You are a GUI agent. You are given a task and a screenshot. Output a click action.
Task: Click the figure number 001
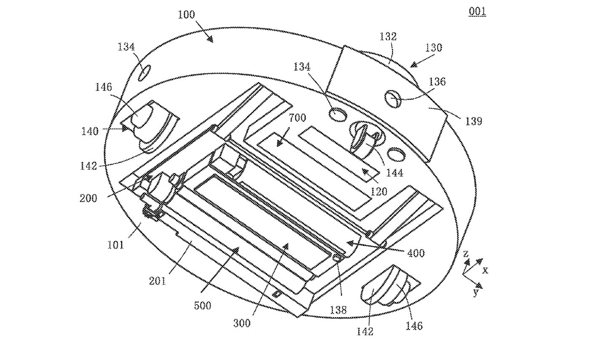477,12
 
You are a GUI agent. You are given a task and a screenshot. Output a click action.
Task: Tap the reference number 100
186,15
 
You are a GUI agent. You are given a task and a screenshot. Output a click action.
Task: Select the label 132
388,37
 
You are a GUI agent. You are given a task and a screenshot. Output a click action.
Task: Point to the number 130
434,48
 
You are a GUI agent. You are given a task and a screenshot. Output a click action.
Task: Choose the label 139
474,121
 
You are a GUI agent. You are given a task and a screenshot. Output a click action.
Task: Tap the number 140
90,131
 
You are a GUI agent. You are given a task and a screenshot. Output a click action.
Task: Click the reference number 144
394,173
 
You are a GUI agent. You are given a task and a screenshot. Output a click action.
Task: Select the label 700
298,118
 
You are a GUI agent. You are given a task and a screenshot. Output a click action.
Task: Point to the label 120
379,192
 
